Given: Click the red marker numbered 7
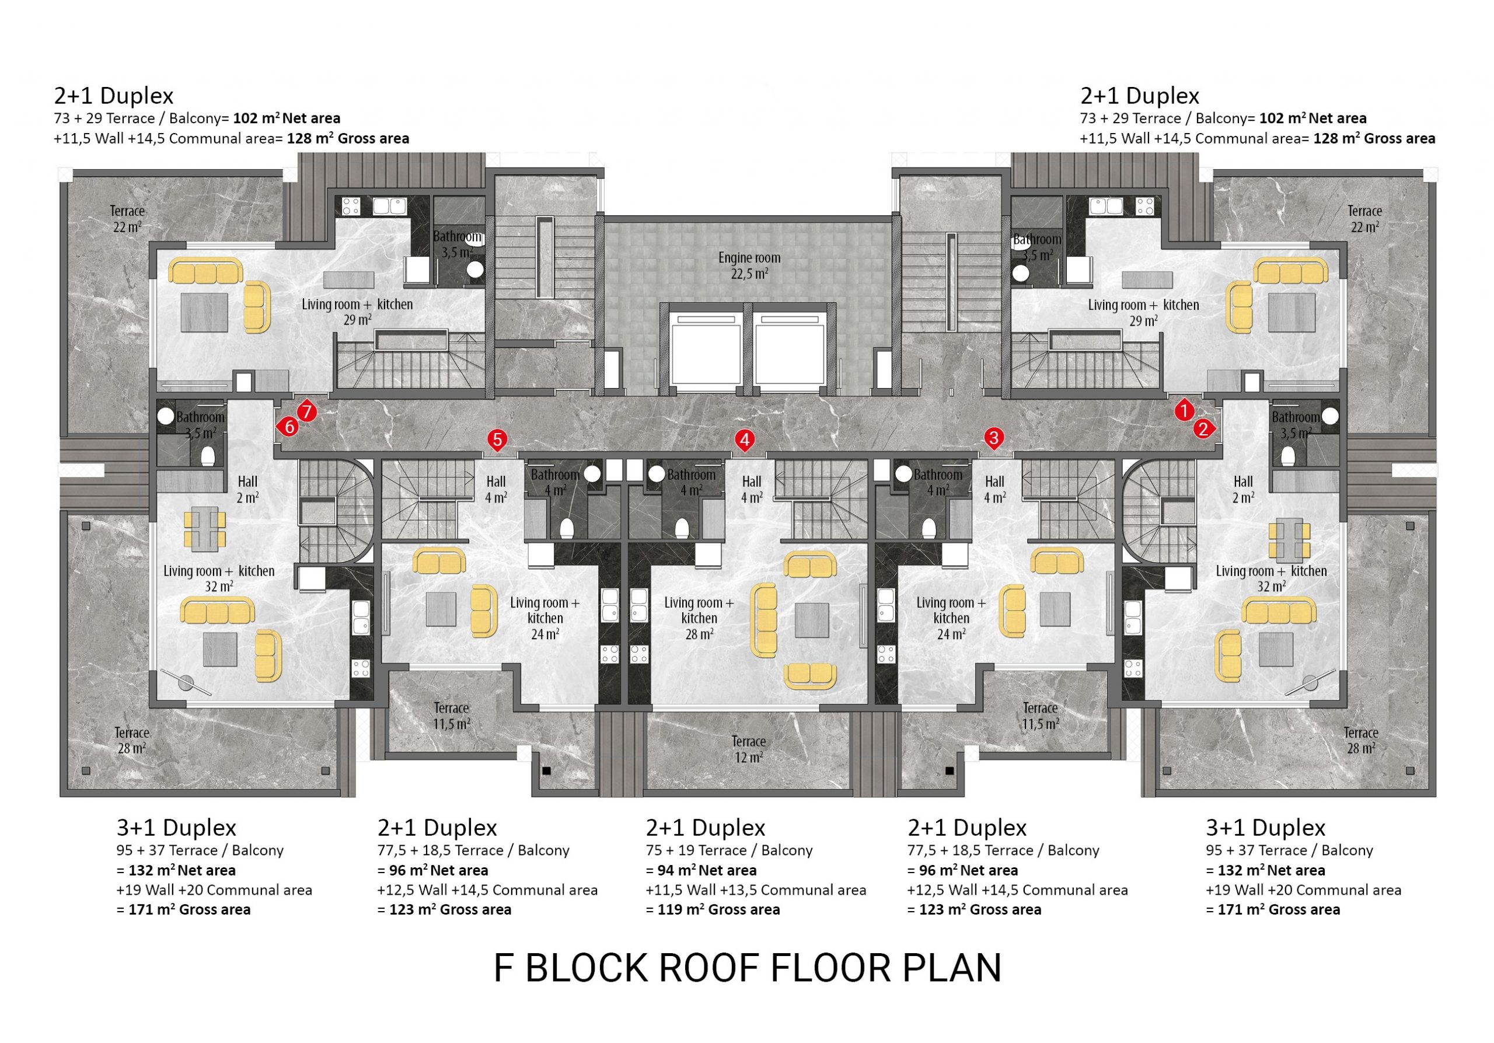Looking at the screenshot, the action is (306, 412).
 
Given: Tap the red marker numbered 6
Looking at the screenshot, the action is (288, 427).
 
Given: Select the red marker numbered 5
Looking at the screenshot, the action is (497, 441).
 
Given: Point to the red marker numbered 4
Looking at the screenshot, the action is (745, 441).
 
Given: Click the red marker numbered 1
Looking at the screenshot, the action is (1184, 410).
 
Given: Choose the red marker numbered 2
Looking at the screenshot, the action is (1203, 429).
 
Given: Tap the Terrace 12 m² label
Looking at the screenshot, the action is (748, 749).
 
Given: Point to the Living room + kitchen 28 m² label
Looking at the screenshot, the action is (699, 618).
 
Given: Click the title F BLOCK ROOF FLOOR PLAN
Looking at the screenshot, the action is (747, 968).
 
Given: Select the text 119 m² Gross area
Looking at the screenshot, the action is (713, 909).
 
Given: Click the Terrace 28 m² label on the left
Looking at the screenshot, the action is (131, 741).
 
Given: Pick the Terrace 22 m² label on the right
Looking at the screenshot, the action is (1364, 219).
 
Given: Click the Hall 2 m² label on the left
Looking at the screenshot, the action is (247, 489).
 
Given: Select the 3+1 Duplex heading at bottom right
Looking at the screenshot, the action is (1265, 828).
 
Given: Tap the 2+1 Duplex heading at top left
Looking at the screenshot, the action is (114, 96).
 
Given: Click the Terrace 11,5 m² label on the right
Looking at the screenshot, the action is (1040, 716).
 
